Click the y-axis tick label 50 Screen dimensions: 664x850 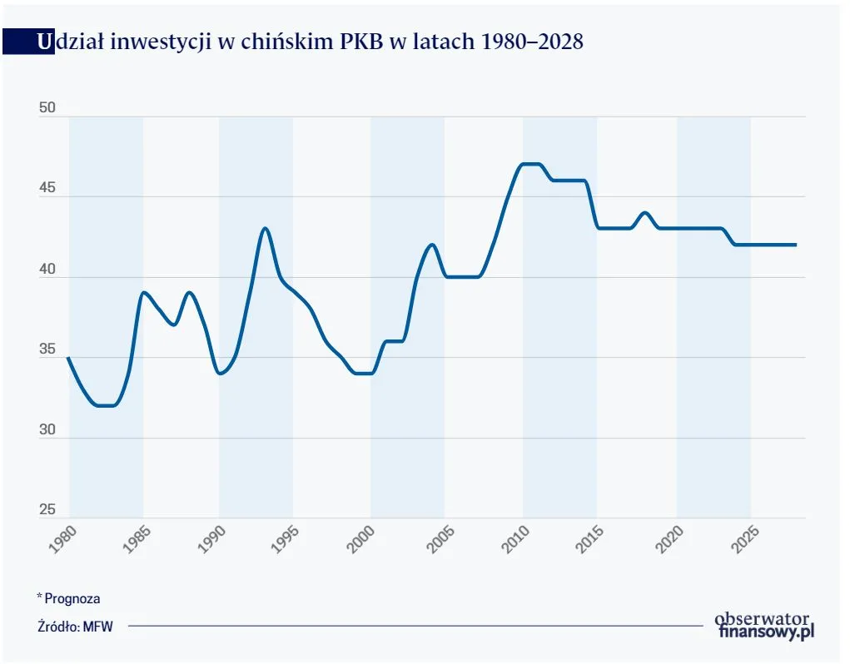coord(48,109)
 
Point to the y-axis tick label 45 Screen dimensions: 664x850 coord(48,189)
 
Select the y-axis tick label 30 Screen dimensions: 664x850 coord(48,430)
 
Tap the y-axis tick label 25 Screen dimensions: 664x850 coord(48,510)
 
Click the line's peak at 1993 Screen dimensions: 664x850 coord(266,228)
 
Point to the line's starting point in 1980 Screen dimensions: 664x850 coord(68,357)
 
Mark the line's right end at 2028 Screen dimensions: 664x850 coord(796,245)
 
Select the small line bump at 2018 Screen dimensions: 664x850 coord(644,212)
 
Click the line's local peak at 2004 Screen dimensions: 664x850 coord(432,245)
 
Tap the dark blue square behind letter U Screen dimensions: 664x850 coord(27,42)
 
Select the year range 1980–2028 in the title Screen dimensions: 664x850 coord(533,42)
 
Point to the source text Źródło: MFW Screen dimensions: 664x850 coord(75,627)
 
